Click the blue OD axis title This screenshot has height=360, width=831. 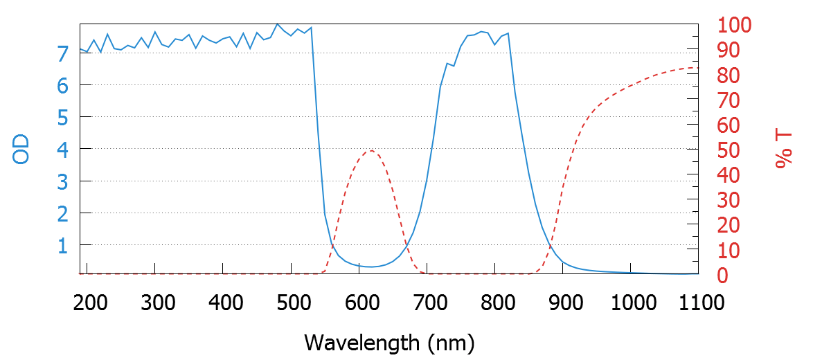[x=21, y=150]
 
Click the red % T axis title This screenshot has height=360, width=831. [x=784, y=150]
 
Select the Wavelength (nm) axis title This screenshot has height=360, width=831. [x=388, y=341]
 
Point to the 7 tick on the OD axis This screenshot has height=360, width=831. [x=62, y=53]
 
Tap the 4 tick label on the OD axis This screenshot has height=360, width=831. [x=62, y=150]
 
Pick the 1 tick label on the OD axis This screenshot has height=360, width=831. [x=62, y=246]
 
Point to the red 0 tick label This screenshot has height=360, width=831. [x=722, y=276]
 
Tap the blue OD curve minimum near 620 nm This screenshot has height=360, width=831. [x=372, y=267]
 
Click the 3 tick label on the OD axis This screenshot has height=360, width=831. [x=62, y=182]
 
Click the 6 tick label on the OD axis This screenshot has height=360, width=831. [x=62, y=86]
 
